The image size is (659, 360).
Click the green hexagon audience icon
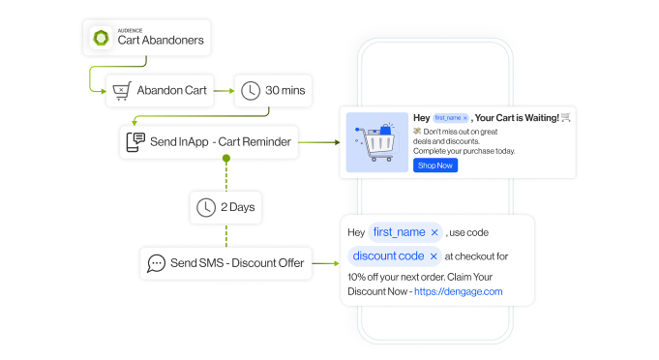point(101,38)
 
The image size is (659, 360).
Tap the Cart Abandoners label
point(161,41)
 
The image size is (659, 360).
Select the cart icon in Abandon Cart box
point(120,91)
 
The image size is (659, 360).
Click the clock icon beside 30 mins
point(250,91)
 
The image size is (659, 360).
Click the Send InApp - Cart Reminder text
point(222,142)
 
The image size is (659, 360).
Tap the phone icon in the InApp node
point(135,142)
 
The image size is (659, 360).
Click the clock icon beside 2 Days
point(205,207)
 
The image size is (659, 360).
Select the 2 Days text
point(237,207)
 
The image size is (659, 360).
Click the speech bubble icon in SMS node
point(155,262)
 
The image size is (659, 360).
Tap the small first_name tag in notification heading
point(451,117)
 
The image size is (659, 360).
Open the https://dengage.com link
point(458,291)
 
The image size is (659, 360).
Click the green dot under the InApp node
point(226,157)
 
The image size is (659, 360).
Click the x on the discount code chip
point(434,256)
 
